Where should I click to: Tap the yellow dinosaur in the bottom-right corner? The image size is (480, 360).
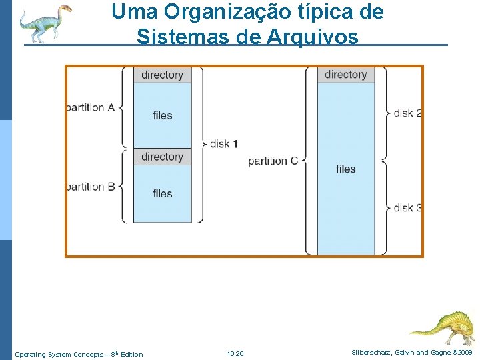tap(443, 326)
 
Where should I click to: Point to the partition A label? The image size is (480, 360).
tap(91, 107)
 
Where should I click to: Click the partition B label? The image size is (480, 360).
tap(91, 187)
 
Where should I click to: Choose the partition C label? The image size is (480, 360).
tap(273, 161)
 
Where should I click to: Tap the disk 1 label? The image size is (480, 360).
tap(224, 143)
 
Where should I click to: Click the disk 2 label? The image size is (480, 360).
tap(407, 113)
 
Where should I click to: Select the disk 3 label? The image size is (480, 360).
tap(407, 207)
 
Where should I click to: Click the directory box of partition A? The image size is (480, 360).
tap(162, 75)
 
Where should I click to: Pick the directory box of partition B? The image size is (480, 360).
tap(162, 157)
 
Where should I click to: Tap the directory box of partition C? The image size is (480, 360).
tap(345, 74)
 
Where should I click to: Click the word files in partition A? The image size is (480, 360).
tap(162, 115)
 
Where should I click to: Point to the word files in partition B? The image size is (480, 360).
tap(162, 193)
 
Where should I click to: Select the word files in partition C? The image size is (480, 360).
tap(345, 169)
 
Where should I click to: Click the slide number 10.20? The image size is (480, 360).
tap(235, 353)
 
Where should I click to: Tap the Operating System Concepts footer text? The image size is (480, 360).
tap(79, 354)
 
